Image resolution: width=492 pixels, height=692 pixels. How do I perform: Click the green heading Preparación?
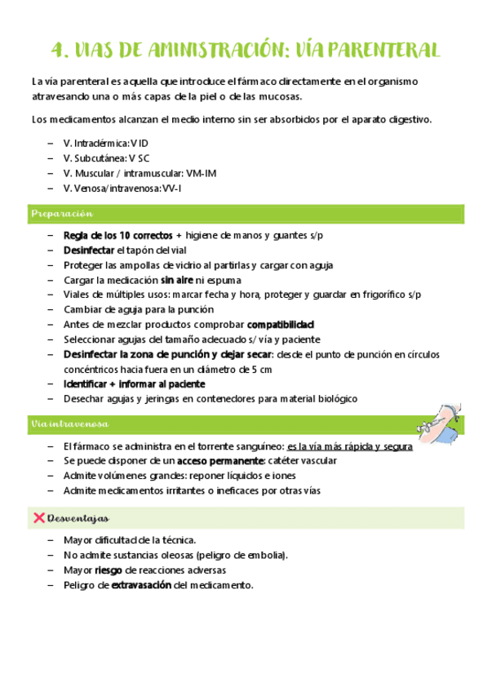[59, 214]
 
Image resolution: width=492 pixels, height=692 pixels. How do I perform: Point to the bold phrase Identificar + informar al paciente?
[134, 384]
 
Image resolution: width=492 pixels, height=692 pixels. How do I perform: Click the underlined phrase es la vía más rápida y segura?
[350, 446]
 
